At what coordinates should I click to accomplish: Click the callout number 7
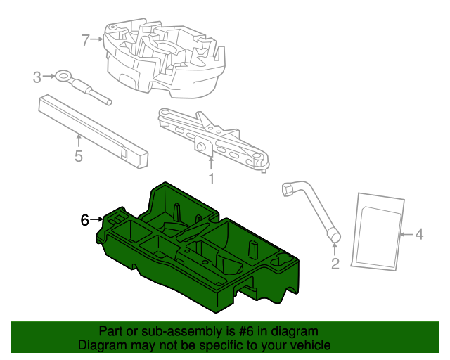[86, 40]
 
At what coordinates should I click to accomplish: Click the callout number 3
[37, 77]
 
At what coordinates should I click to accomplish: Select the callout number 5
[79, 156]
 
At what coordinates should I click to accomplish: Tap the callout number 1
[211, 179]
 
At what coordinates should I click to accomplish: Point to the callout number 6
[84, 220]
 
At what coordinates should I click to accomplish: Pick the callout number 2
[335, 264]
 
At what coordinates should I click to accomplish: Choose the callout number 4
[419, 235]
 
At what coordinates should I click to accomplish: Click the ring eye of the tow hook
[64, 76]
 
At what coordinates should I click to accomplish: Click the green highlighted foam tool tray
[204, 253]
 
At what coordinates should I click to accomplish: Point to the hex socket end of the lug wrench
[288, 188]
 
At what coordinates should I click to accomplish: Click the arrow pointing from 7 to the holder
[98, 40]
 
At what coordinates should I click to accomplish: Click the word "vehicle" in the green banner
[310, 345]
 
